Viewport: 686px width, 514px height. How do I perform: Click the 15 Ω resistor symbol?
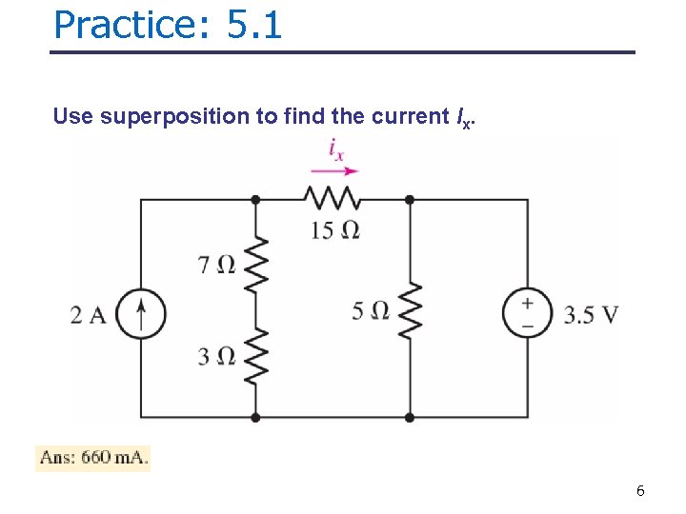tap(332, 198)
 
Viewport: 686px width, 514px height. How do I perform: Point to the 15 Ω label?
tap(334, 229)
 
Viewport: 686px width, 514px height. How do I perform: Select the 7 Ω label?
tap(216, 265)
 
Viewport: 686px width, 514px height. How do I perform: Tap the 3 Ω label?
tap(216, 356)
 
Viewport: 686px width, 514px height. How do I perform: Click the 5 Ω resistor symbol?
tap(410, 310)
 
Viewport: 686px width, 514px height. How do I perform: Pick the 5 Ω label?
tap(371, 310)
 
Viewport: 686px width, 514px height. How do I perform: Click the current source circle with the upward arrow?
tap(142, 313)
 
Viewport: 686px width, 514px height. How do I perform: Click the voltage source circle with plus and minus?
tap(527, 313)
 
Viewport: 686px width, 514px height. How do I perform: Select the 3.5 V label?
tap(591, 314)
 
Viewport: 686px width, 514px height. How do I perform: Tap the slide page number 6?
tap(640, 491)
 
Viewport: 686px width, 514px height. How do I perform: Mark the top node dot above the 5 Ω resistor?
tap(410, 200)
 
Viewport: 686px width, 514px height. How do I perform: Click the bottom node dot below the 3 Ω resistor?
tap(255, 417)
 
